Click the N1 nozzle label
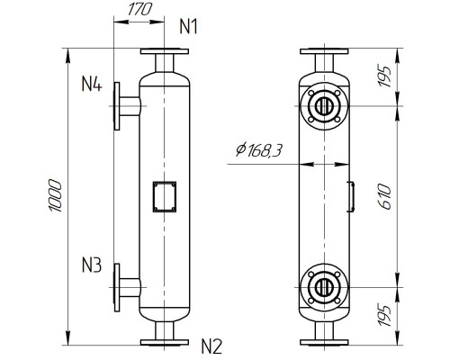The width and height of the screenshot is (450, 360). (189, 26)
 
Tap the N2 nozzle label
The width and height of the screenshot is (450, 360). (211, 344)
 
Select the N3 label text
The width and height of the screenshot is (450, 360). (92, 265)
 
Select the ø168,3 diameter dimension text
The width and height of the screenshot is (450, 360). (258, 151)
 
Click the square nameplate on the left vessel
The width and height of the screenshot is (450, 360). (164, 196)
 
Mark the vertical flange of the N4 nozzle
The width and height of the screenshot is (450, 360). (116, 105)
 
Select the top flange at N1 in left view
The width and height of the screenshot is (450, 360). (163, 50)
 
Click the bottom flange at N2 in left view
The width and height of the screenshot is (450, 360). (163, 340)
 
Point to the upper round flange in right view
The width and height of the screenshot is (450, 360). (321, 105)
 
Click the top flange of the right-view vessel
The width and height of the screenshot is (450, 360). (321, 50)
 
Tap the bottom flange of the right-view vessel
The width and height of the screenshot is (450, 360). (321, 340)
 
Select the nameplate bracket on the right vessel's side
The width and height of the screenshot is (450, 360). (350, 195)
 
